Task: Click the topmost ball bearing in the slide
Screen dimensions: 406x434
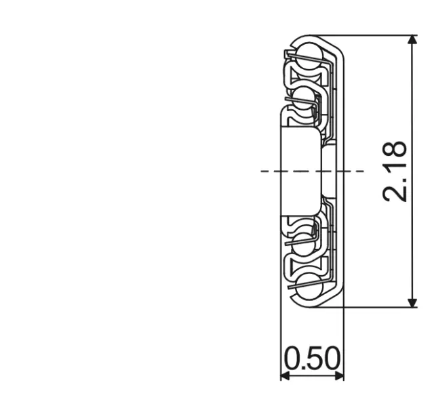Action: pyautogui.click(x=309, y=53)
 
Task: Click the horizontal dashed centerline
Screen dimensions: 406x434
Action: pyautogui.click(x=271, y=171)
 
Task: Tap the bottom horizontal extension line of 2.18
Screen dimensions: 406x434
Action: pyautogui.click(x=380, y=307)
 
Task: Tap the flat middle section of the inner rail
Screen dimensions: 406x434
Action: pyautogui.click(x=298, y=171)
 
